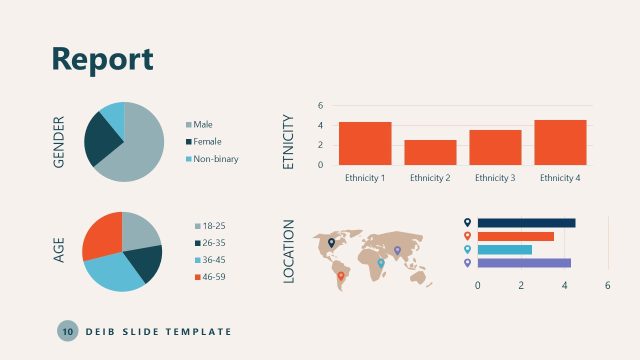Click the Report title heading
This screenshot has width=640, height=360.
point(102,58)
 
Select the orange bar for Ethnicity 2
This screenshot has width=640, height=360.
point(430,152)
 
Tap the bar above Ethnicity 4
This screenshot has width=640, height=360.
point(560,142)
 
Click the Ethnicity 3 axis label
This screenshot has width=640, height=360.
point(495,178)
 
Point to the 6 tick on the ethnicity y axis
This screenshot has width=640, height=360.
point(320,105)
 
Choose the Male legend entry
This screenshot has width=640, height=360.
point(203,124)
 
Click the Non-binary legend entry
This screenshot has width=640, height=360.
point(215,159)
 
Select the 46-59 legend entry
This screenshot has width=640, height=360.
point(214,277)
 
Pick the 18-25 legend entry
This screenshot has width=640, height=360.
point(214,226)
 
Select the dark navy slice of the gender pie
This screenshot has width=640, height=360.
point(100,140)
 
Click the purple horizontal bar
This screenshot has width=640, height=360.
point(524,263)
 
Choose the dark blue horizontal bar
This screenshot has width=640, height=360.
point(526,223)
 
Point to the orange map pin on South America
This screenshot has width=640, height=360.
point(340,276)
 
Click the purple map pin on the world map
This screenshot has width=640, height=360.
point(397,250)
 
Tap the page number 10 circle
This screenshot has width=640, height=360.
point(67,331)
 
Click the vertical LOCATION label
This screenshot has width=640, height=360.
point(289,251)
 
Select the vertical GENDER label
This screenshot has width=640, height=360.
point(58,141)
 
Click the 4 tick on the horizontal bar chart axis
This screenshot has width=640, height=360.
point(565,286)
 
